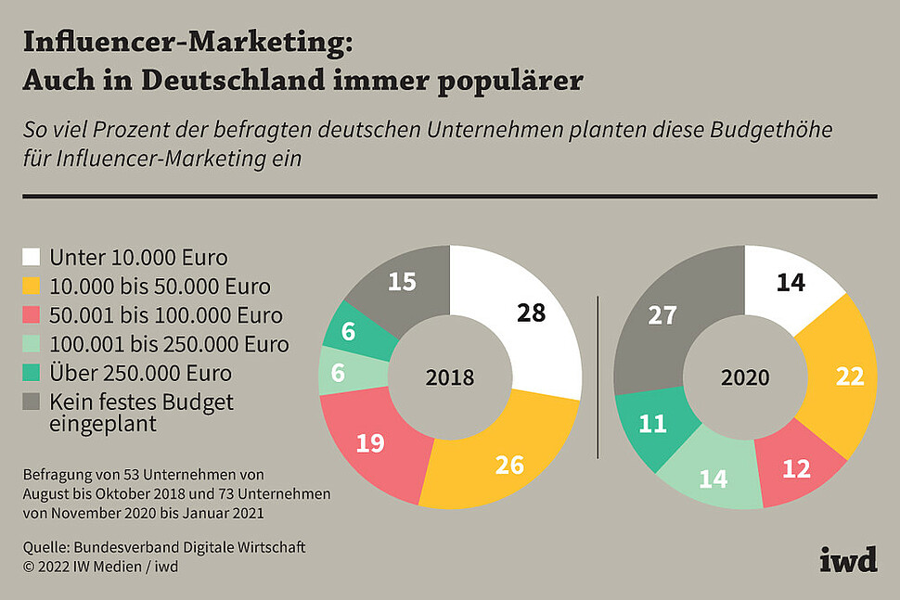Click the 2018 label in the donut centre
pyautogui.click(x=450, y=377)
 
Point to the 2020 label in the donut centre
pyautogui.click(x=745, y=377)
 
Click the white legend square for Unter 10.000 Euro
pyautogui.click(x=32, y=257)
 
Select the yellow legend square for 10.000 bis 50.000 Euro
pyautogui.click(x=32, y=286)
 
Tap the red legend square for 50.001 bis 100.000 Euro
pyautogui.click(x=32, y=315)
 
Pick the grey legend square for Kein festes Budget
pyautogui.click(x=32, y=402)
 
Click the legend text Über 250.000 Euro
pyautogui.click(x=140, y=374)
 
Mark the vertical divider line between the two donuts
pyautogui.click(x=598, y=377)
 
